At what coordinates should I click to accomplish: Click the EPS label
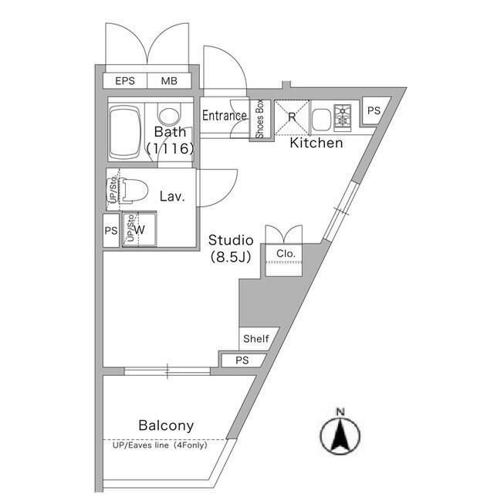click(125, 81)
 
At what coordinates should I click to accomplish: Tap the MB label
click(169, 81)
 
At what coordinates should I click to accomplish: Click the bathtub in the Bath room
click(125, 133)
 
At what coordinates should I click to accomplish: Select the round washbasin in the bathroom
click(169, 116)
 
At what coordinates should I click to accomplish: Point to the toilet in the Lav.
click(136, 190)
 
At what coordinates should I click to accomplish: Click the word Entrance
click(225, 116)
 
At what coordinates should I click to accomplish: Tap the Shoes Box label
click(259, 119)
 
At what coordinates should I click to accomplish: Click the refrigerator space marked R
click(292, 117)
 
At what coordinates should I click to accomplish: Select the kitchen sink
click(321, 119)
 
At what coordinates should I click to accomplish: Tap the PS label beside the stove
click(374, 110)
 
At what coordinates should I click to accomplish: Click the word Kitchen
click(316, 143)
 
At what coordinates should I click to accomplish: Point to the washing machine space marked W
click(139, 229)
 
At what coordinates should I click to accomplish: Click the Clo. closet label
click(286, 254)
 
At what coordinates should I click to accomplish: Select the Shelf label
click(256, 339)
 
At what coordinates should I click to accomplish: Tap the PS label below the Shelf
click(242, 360)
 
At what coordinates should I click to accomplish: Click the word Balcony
click(166, 425)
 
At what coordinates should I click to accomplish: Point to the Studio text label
click(231, 240)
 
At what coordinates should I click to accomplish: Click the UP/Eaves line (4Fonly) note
click(160, 445)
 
